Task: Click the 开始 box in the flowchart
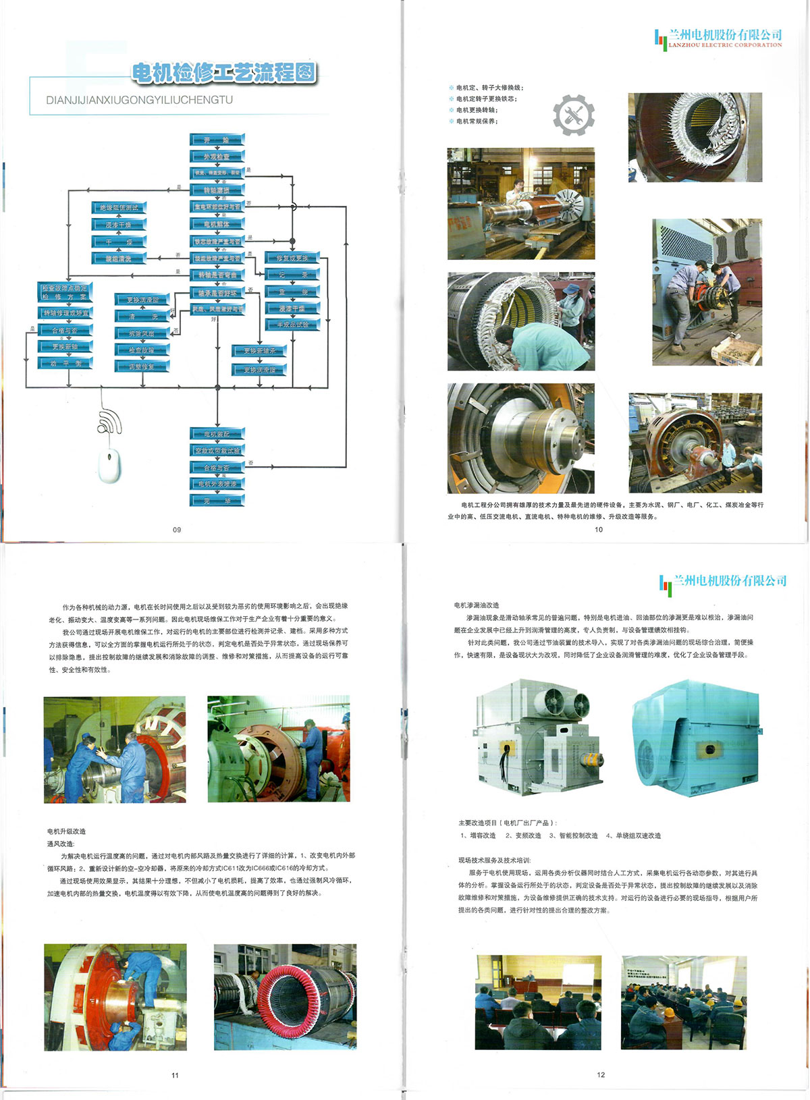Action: coord(217,140)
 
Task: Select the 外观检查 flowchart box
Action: coord(217,157)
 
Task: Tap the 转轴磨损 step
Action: coord(217,190)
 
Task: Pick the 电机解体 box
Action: coord(217,224)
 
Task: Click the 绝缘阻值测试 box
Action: coord(119,208)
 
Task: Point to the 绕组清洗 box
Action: coord(119,258)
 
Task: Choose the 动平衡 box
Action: coord(65,363)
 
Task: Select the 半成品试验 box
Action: coord(292,325)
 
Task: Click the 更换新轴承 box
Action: coord(260,351)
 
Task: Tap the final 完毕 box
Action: coord(217,501)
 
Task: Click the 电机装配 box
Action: coord(217,434)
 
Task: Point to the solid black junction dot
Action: coord(292,241)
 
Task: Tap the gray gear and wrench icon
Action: coord(574,115)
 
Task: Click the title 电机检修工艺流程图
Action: coord(224,73)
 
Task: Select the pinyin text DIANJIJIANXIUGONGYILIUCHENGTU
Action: coord(139,100)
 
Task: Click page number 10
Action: coord(599,530)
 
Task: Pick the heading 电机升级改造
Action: coord(67,831)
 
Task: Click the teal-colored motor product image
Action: coord(695,737)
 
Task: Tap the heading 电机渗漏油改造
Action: coord(477,605)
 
